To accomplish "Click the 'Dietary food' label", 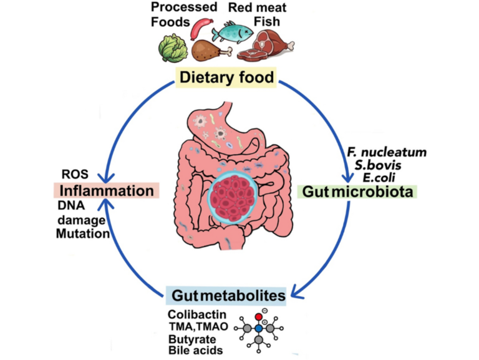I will pyautogui.click(x=226, y=79).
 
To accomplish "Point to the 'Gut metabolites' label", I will pyautogui.click(x=226, y=294).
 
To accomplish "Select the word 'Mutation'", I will pyautogui.click(x=83, y=233).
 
